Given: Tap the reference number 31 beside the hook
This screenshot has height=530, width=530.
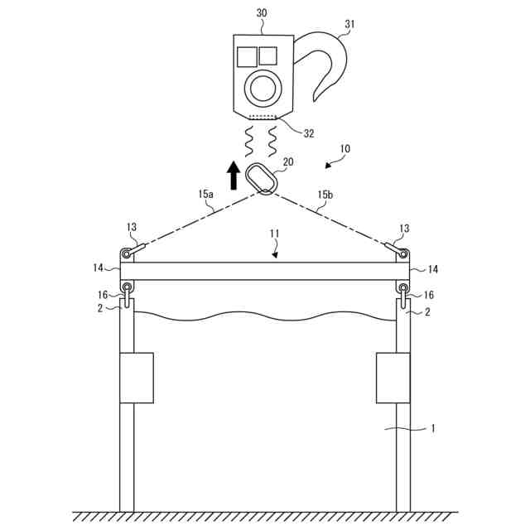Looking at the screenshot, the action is click(349, 25).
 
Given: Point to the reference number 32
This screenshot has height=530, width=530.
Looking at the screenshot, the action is click(308, 132).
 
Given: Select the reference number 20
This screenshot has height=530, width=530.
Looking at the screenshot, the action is click(288, 162).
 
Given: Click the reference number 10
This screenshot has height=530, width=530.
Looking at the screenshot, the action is click(344, 150).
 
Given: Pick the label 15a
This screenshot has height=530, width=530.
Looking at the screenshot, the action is click(205, 194).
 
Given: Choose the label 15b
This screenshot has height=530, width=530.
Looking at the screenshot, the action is click(327, 195).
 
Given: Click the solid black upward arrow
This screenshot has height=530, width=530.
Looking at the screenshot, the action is click(234, 172).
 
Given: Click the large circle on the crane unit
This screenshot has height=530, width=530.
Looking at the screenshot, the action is click(263, 87).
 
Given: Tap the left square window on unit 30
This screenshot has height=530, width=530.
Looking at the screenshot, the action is click(247, 56).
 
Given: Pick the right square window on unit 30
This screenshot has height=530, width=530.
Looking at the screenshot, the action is click(267, 55).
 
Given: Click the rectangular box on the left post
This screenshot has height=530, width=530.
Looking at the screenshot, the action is click(137, 378).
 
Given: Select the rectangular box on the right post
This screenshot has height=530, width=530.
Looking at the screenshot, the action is click(393, 378).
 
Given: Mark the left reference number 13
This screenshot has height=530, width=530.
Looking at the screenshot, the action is click(132, 228).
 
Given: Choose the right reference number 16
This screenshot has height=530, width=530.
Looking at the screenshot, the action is click(429, 295).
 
